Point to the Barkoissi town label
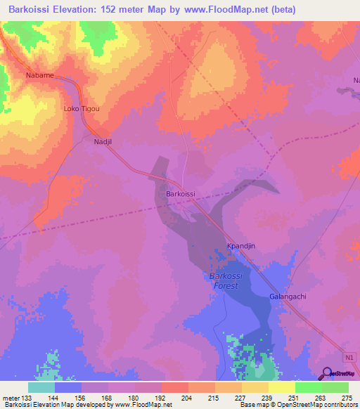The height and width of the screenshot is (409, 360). pyautogui.click(x=180, y=193)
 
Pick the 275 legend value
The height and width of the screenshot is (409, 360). pyautogui.click(x=347, y=398)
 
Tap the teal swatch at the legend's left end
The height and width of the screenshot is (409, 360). pyautogui.click(x=41, y=387)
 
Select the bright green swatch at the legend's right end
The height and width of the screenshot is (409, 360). pyautogui.click(x=335, y=387)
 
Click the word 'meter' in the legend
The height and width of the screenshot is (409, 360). pyautogui.click(x=9, y=398)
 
